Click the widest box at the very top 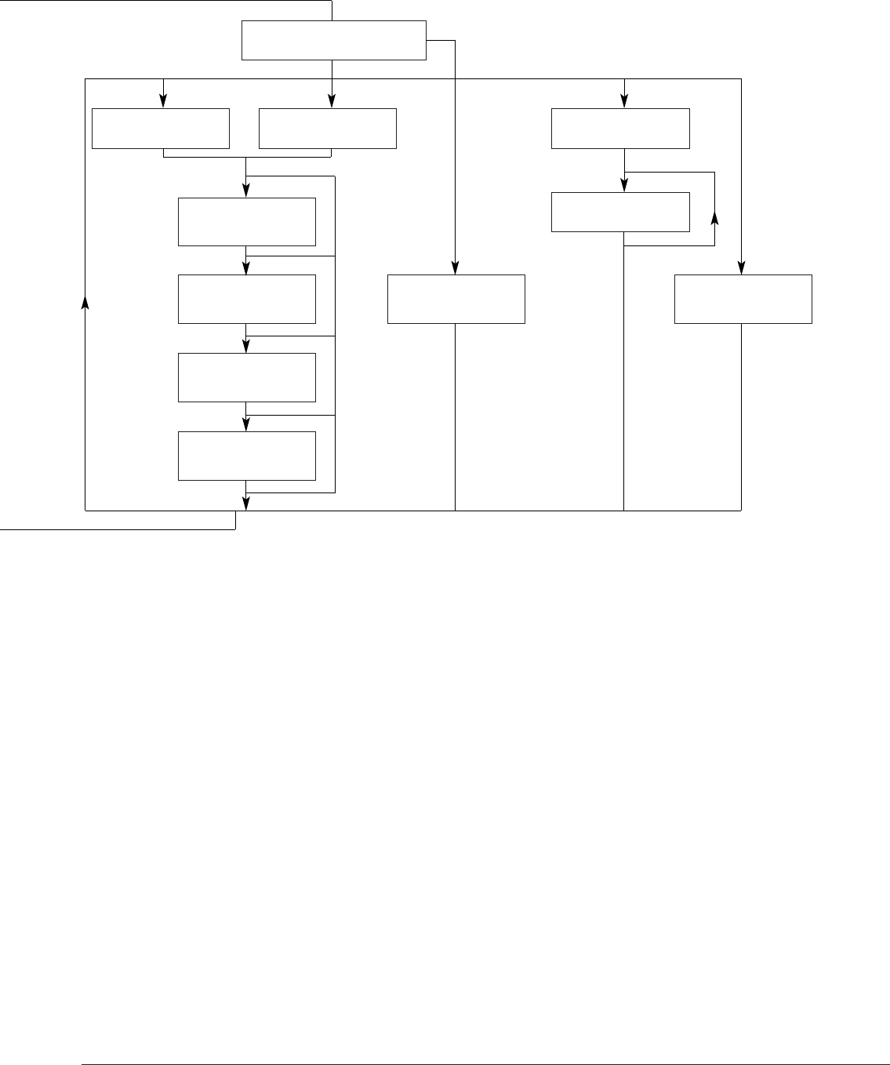pyautogui.click(x=333, y=41)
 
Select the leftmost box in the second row pyautogui.click(x=161, y=129)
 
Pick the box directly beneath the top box pyautogui.click(x=328, y=129)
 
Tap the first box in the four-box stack pyautogui.click(x=247, y=222)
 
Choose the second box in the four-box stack pyautogui.click(x=247, y=299)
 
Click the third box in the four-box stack pyautogui.click(x=247, y=377)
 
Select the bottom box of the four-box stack pyautogui.click(x=247, y=456)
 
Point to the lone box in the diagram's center pyautogui.click(x=456, y=299)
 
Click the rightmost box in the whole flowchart pyautogui.click(x=743, y=299)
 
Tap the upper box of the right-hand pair pyautogui.click(x=620, y=129)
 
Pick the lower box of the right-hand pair pyautogui.click(x=620, y=212)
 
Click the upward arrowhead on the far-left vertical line pyautogui.click(x=85, y=303)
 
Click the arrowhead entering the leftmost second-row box pyautogui.click(x=163, y=101)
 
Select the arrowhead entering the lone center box pyautogui.click(x=455, y=267)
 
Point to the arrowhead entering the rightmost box pyautogui.click(x=741, y=267)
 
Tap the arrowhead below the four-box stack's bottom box pyautogui.click(x=247, y=503)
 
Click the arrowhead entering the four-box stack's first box pyautogui.click(x=247, y=190)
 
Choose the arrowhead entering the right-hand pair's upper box pyautogui.click(x=624, y=101)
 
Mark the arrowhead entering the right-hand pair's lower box pyautogui.click(x=624, y=185)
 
